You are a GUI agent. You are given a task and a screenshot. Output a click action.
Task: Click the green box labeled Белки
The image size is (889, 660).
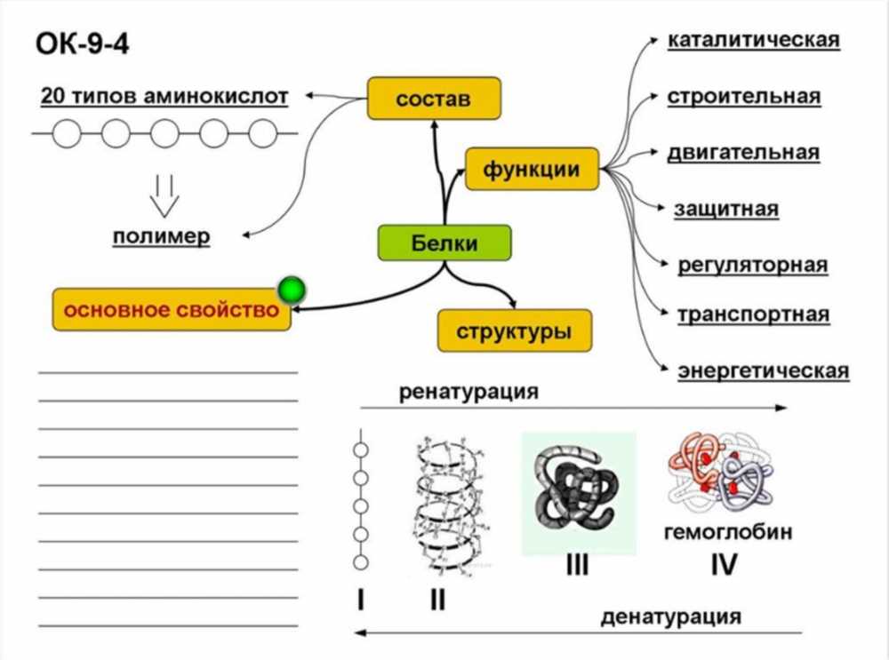[x=444, y=243]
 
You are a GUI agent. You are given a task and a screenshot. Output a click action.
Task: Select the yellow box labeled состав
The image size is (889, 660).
[x=434, y=98]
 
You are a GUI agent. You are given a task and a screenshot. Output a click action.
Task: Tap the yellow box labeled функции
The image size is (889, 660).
[x=532, y=169]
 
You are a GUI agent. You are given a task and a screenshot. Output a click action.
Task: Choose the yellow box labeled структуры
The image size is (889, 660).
[x=514, y=330]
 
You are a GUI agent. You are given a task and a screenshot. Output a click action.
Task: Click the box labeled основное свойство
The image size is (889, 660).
[x=172, y=309]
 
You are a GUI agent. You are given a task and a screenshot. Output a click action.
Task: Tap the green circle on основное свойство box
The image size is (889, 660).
[x=292, y=290]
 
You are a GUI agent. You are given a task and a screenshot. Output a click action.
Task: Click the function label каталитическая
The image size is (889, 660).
[x=754, y=40]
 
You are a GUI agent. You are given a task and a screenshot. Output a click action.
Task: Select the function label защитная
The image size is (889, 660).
[x=725, y=209]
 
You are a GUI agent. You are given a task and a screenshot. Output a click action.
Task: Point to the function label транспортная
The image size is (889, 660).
[x=754, y=314]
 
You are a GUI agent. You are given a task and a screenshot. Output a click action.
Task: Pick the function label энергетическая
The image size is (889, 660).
[x=763, y=371]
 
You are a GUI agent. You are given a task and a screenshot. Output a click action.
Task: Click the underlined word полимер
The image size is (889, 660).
[x=162, y=236]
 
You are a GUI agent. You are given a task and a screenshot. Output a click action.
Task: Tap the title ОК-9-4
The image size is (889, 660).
[x=83, y=44]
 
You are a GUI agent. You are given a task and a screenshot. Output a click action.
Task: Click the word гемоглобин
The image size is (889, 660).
[x=728, y=532]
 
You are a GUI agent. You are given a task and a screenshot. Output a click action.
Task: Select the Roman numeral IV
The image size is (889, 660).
[x=724, y=564]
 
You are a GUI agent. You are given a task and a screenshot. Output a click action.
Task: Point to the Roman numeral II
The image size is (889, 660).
[x=437, y=599]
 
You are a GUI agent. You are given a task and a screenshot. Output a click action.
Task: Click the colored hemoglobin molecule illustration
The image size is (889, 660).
[x=721, y=473]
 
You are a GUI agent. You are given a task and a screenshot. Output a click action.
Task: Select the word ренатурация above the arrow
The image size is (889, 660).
[x=469, y=392]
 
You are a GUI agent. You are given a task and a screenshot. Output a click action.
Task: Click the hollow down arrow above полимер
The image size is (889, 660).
[x=164, y=196]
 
